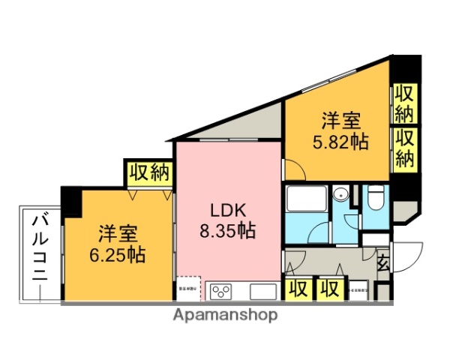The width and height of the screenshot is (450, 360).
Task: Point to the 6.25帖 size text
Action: coord(115,253)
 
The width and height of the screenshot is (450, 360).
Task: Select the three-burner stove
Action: coord(222,291)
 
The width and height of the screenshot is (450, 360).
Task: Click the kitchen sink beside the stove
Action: coord(262,291)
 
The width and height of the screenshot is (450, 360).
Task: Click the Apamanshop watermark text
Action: coord(225,315)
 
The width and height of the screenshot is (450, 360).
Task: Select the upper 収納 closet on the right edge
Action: coord(405,104)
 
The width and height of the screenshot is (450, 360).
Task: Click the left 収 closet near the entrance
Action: coord(298,289)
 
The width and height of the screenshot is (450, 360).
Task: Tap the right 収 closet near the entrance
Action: coord(328,289)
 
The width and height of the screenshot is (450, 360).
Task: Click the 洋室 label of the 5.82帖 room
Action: coord(341,120)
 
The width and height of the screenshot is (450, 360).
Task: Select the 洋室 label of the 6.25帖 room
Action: coord(116,232)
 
